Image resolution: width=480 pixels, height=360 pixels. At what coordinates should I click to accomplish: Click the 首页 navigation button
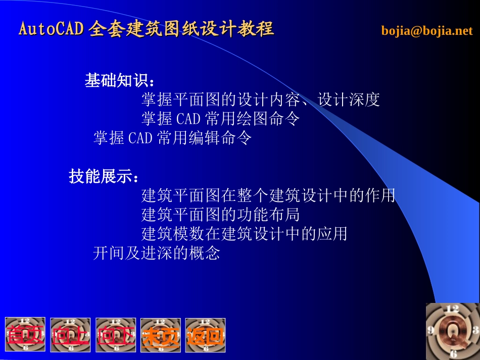tap(25, 334)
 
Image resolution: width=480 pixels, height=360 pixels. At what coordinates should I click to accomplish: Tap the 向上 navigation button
tap(70, 335)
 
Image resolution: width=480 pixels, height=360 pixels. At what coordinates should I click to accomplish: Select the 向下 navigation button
tap(116, 335)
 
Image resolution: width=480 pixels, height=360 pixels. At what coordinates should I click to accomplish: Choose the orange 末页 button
tap(161, 335)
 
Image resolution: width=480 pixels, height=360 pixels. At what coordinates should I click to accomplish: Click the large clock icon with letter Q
tap(452, 331)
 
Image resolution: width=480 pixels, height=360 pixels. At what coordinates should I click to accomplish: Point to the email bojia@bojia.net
tap(427, 31)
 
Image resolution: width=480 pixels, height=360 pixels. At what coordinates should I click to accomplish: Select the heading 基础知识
tap(119, 81)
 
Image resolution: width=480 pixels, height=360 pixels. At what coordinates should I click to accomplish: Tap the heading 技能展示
tap(103, 177)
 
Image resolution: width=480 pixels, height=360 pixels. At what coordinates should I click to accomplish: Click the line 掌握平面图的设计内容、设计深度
tap(260, 100)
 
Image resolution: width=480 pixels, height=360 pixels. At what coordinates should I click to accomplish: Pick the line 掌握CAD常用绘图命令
tap(220, 119)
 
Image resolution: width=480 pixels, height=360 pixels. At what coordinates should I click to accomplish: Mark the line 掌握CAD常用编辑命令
tap(172, 138)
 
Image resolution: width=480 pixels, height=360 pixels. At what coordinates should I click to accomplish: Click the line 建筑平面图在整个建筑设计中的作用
tap(268, 195)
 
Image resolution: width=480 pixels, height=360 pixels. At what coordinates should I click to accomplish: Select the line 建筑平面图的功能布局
tap(220, 215)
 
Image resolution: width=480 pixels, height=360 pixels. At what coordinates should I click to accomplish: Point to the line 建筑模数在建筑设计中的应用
tap(244, 234)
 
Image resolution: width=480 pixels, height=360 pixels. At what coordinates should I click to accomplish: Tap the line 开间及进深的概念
tap(157, 253)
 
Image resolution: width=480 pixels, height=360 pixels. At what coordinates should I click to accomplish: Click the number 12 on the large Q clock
tap(452, 308)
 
